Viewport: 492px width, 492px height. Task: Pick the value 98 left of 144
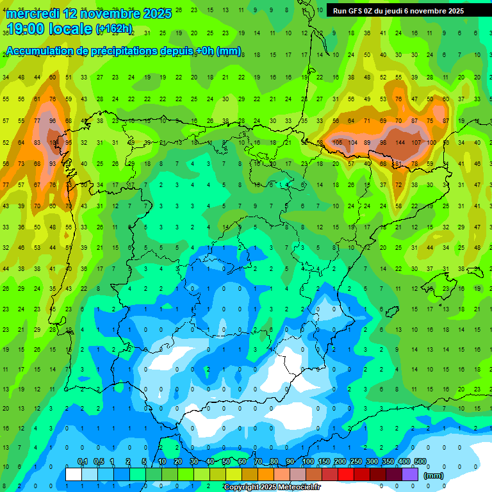(x=383, y=142)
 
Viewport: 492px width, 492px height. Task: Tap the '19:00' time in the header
(x=27, y=28)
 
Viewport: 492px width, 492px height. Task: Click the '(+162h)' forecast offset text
(x=113, y=29)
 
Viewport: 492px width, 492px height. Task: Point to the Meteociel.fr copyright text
(x=272, y=487)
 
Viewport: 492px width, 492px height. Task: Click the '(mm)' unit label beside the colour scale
(x=434, y=475)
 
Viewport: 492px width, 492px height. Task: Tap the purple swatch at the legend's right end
(x=410, y=474)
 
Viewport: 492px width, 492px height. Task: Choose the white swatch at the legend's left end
(x=74, y=474)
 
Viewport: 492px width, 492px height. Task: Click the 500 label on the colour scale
(x=420, y=461)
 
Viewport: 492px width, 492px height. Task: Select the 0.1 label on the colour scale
(x=83, y=461)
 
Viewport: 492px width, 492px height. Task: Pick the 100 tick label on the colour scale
(x=307, y=461)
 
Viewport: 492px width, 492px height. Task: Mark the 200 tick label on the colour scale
(x=340, y=461)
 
